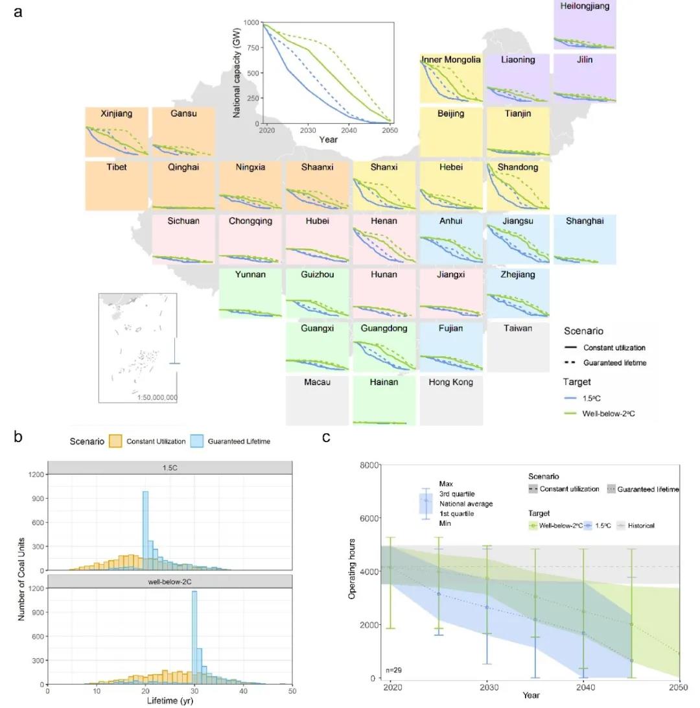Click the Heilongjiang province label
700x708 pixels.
tap(585, 6)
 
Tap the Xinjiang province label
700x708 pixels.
tap(117, 113)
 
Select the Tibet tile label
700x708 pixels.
tap(117, 167)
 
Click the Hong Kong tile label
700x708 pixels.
tap(450, 382)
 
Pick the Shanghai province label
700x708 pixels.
tap(584, 220)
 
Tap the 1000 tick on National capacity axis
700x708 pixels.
tap(251, 23)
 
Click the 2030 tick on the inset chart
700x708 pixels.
tap(308, 130)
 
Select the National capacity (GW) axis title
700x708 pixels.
tap(237, 73)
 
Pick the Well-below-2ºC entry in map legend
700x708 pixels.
tap(607, 413)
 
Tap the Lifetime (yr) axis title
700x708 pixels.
tap(169, 701)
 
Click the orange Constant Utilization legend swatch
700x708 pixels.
tap(115, 441)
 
